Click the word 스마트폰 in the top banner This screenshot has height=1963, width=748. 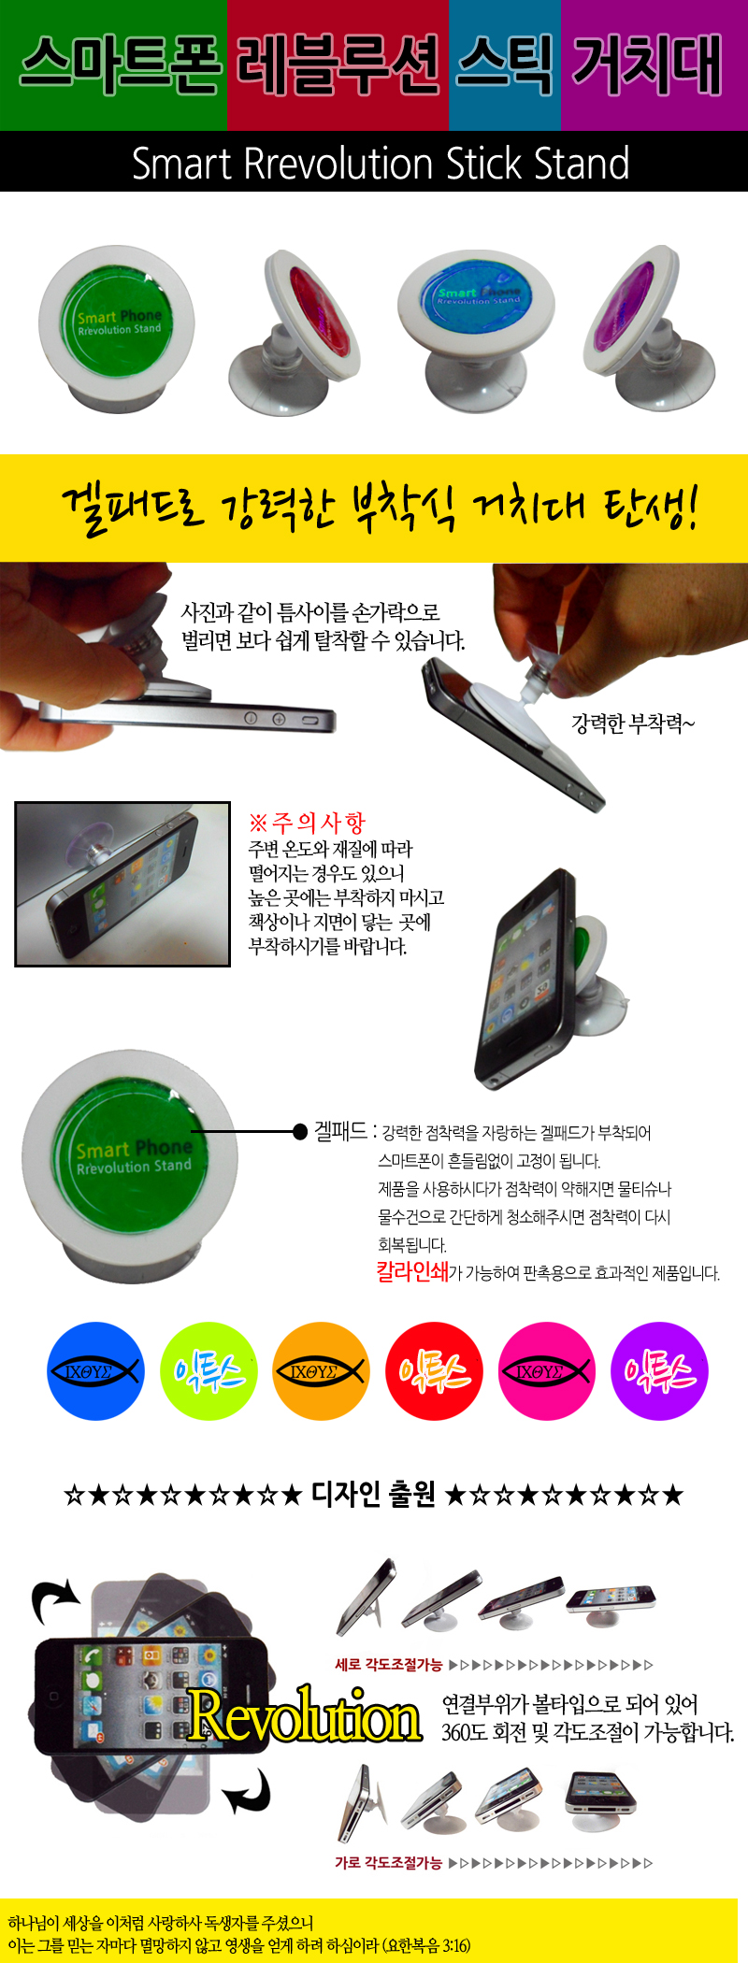pyautogui.click(x=121, y=64)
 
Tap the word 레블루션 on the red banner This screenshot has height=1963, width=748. pyautogui.click(x=338, y=64)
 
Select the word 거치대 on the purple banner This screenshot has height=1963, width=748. pyautogui.click(x=647, y=64)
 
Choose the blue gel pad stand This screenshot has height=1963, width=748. pyautogui.click(x=476, y=329)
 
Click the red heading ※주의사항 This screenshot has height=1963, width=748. pyautogui.click(x=307, y=823)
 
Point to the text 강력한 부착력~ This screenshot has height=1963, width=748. pyautogui.click(x=633, y=724)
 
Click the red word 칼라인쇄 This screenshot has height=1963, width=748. pyautogui.click(x=412, y=1271)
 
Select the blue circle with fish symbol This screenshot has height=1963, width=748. pyautogui.click(x=95, y=1371)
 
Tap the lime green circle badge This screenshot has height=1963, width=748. pyautogui.click(x=209, y=1371)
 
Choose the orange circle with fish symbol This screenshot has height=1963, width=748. pyautogui.click(x=321, y=1371)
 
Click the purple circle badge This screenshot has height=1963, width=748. pyautogui.click(x=659, y=1371)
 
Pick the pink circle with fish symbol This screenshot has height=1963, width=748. pyautogui.click(x=546, y=1371)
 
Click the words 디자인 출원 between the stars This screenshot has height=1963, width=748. pyautogui.click(x=373, y=1494)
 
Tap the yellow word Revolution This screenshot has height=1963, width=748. pyautogui.click(x=304, y=1714)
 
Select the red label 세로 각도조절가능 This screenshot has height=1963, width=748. pyautogui.click(x=389, y=1665)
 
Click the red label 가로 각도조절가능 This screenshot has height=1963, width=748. pyautogui.click(x=389, y=1863)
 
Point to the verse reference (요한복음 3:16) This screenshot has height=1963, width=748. pyautogui.click(x=426, y=1945)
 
